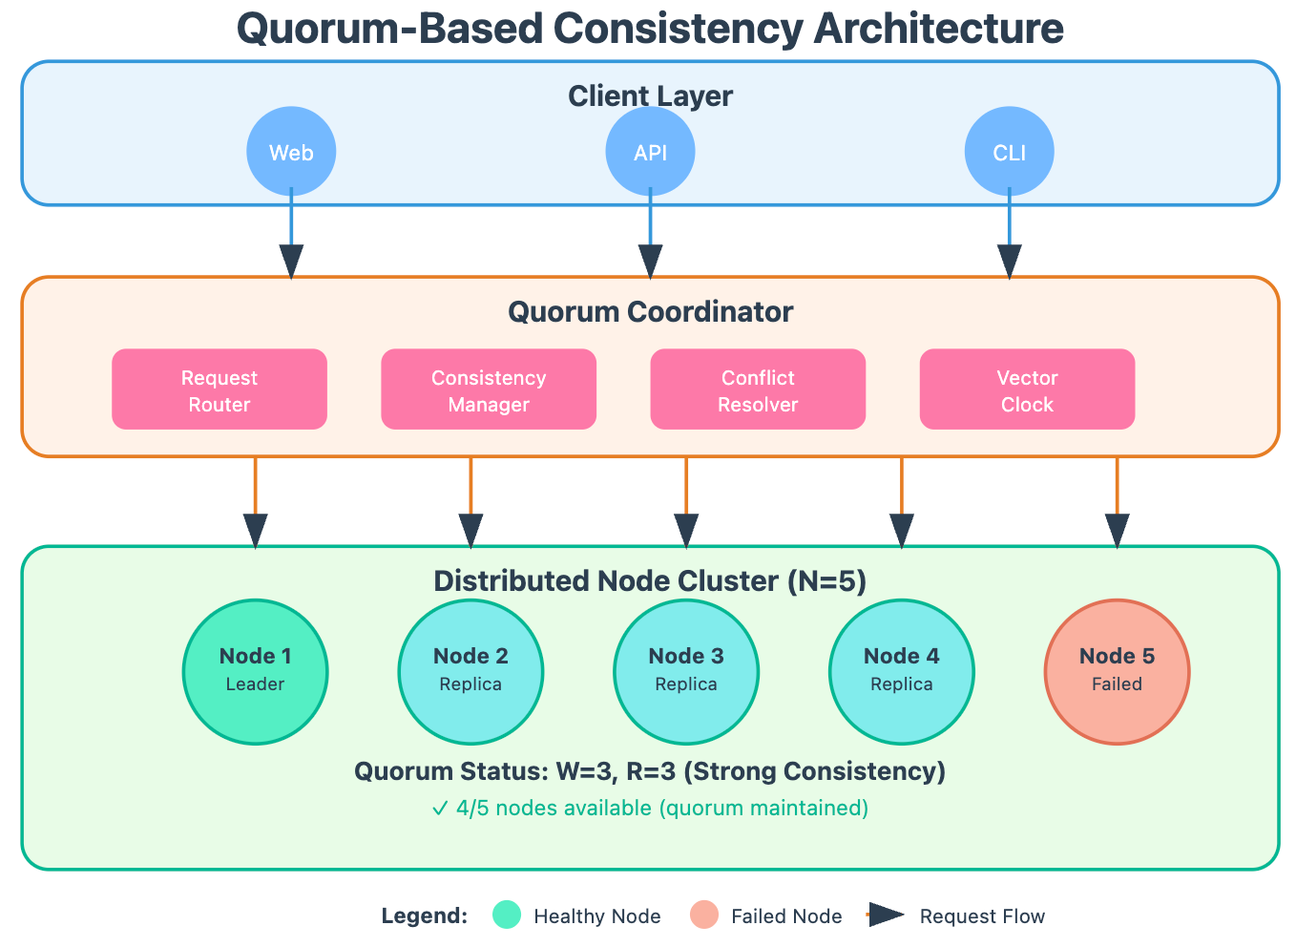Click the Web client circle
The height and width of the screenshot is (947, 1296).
click(x=292, y=152)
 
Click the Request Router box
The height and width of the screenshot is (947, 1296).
click(x=219, y=389)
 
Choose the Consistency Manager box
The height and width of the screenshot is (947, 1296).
click(x=490, y=389)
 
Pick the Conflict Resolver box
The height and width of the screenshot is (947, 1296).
click(x=759, y=389)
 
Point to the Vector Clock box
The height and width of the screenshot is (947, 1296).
click(x=1029, y=389)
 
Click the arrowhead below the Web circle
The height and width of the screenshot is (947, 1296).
click(x=292, y=263)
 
